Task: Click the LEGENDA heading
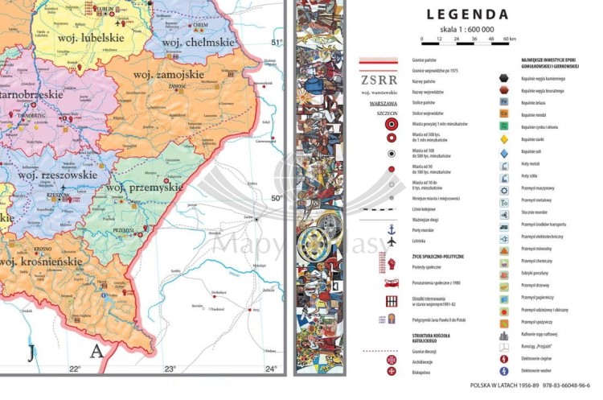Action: [467, 14]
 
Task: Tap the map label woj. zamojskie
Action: [170, 74]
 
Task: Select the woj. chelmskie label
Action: [191, 41]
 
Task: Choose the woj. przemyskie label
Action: [145, 187]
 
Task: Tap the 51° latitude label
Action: [277, 43]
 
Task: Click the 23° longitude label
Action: [170, 369]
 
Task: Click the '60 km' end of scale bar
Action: [509, 38]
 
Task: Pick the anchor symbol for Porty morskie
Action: [392, 229]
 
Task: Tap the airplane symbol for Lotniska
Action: [392, 241]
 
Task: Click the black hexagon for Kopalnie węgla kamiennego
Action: [504, 78]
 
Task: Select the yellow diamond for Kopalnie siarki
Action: [504, 138]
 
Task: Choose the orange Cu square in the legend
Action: [504, 114]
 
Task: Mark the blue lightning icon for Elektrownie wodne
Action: [504, 371]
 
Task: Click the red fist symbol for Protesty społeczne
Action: [392, 264]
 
